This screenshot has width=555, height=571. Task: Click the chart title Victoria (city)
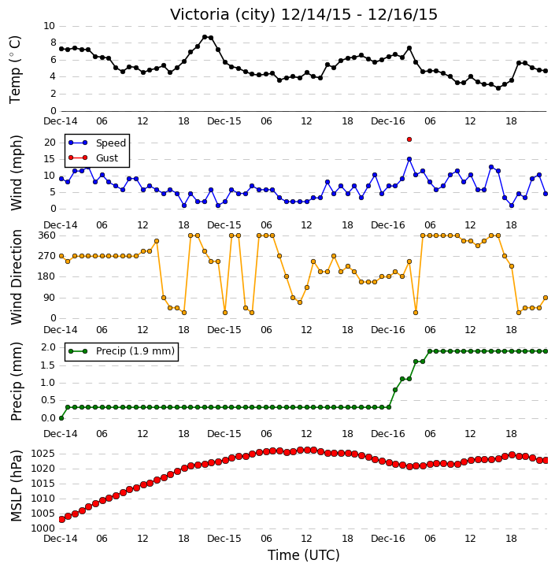click(x=223, y=15)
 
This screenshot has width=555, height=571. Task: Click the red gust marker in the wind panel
click(x=409, y=139)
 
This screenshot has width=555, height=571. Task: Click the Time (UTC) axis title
click(x=304, y=556)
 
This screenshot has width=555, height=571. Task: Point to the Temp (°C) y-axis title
click(x=15, y=69)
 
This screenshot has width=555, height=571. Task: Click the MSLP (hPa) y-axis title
click(x=16, y=486)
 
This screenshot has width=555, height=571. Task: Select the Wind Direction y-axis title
click(x=17, y=277)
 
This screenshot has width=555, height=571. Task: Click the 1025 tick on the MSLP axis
click(x=43, y=454)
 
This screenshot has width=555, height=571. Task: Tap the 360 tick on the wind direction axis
click(x=46, y=235)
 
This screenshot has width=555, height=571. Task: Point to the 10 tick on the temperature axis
click(x=49, y=26)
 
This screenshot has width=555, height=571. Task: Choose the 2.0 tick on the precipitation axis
click(x=48, y=347)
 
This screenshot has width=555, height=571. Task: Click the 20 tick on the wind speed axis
click(x=50, y=143)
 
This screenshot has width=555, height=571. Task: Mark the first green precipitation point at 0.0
click(x=61, y=418)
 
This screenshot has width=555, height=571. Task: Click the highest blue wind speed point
click(x=409, y=159)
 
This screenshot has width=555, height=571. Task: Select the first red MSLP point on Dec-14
click(x=61, y=519)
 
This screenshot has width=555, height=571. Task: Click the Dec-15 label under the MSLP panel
click(x=224, y=539)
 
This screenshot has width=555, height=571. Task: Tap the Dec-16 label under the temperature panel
click(x=388, y=121)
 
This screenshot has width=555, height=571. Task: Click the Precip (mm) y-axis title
click(x=17, y=382)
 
